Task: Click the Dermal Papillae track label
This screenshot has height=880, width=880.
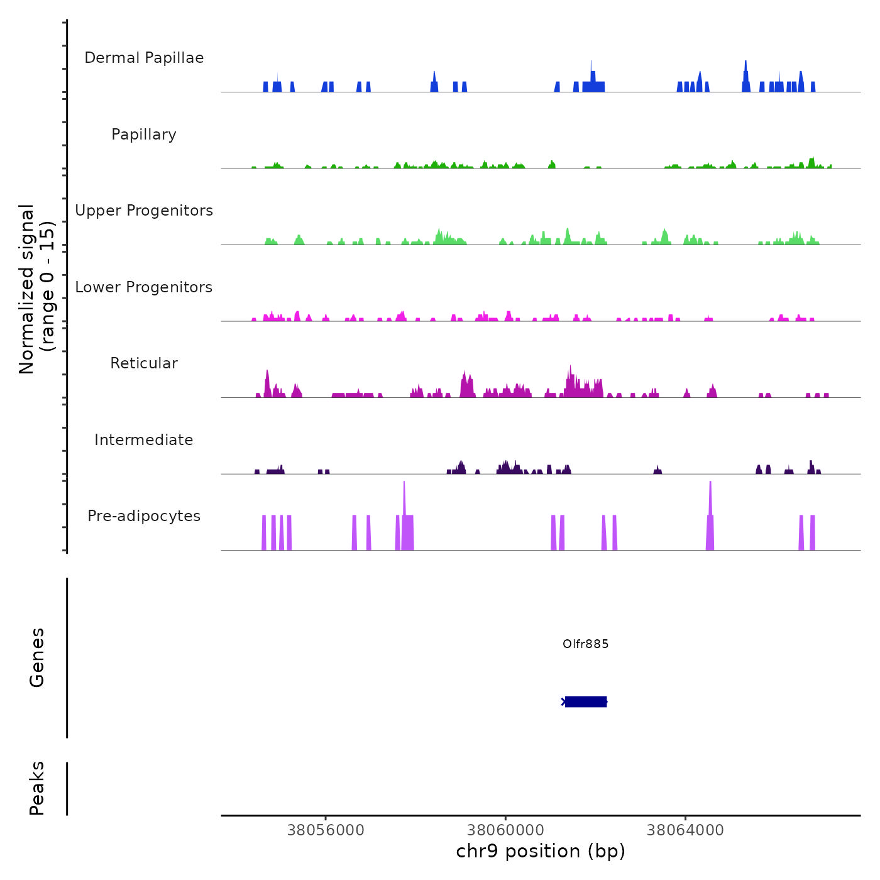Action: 144,58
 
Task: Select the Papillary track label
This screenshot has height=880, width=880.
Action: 144,135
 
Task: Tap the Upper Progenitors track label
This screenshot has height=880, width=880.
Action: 144,211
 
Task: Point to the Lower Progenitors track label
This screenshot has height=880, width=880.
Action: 144,287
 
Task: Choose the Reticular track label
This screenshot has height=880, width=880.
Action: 144,363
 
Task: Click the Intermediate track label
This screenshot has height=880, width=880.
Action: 144,440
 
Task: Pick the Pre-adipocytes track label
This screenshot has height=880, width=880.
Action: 144,516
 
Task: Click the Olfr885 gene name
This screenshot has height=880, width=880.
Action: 585,644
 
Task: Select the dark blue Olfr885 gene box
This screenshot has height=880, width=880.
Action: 586,701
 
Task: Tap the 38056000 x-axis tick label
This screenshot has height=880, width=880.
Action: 326,830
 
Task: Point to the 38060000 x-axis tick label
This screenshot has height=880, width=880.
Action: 506,830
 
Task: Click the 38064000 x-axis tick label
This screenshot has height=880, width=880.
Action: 685,830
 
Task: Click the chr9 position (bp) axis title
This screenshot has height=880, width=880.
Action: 541,851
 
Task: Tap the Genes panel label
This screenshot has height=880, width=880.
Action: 37,657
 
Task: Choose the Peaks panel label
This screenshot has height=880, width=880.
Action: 37,788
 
